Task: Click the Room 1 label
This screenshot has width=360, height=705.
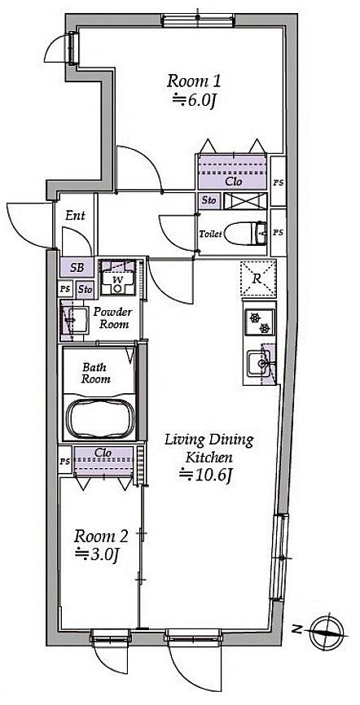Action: [194, 82]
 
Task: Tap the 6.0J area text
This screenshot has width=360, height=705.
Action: [195, 101]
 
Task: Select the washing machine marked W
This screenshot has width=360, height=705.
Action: [118, 278]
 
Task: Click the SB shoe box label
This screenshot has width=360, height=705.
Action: [77, 268]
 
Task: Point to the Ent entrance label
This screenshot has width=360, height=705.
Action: [75, 216]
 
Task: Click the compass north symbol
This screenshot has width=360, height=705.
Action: [328, 631]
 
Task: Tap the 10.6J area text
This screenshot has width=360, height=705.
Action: [205, 475]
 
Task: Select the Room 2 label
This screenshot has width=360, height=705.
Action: [101, 536]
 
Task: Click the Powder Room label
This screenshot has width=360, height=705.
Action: [113, 317]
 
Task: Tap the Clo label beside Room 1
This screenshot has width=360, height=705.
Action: [233, 182]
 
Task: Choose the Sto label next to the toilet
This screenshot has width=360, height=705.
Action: [209, 200]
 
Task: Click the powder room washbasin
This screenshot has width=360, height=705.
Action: [76, 320]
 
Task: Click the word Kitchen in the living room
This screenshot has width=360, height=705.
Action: [209, 458]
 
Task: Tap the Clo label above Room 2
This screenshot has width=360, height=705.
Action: [103, 453]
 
